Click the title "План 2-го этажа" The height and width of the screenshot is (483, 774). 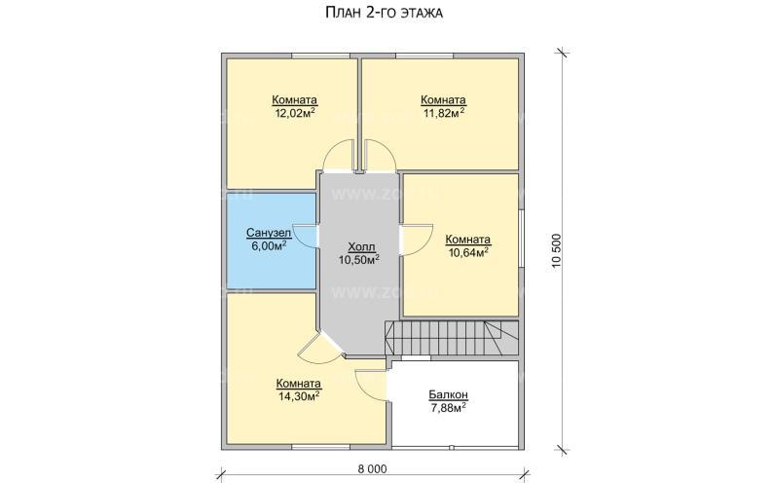384,13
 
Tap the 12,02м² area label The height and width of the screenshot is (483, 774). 295,113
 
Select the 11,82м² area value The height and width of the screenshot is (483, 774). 443,113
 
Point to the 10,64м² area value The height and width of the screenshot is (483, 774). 468,252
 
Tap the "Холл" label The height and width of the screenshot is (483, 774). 361,246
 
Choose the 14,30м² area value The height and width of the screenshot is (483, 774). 299,396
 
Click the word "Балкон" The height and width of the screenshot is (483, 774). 448,394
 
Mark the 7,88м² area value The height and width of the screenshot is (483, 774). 448,407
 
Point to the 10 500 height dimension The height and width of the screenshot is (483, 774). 558,250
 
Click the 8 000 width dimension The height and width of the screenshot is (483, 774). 373,468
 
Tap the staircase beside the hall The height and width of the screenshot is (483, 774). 452,338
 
